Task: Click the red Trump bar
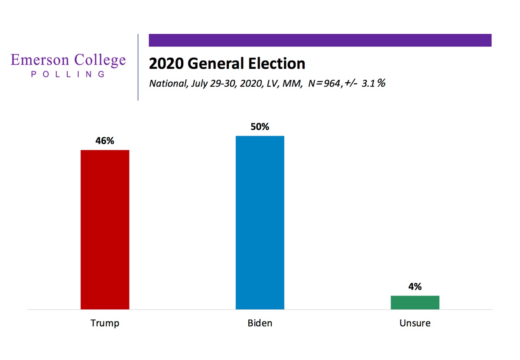point(105,230)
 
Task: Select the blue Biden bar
point(260,223)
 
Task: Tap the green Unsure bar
point(415,302)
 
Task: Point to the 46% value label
point(105,141)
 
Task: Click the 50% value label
point(260,127)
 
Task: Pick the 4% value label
point(415,287)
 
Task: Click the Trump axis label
point(105,323)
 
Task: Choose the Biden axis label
point(260,323)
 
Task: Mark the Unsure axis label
point(415,323)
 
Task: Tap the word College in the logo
point(99,61)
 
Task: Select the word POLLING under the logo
point(68,74)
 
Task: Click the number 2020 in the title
point(167,64)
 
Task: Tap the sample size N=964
point(322,83)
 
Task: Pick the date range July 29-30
point(211,84)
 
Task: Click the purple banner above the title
point(320,40)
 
